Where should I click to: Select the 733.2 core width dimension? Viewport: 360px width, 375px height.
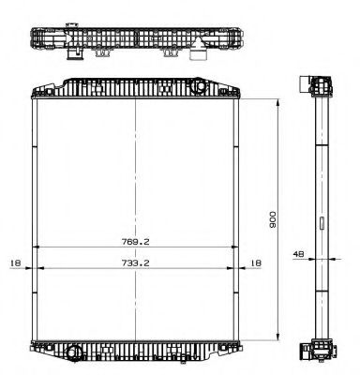(136, 264)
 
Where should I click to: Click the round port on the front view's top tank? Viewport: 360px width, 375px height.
(201, 87)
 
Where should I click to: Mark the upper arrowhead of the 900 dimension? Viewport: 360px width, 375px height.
(277, 98)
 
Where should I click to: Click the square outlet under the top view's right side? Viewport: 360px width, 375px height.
(198, 53)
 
